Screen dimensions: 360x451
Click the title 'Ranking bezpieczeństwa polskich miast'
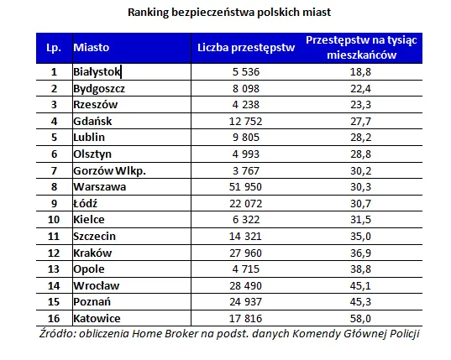(x=228, y=13)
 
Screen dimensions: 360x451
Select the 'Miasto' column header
(x=92, y=48)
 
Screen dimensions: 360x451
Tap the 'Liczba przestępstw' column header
(x=245, y=48)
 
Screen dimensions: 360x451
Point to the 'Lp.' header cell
(x=54, y=48)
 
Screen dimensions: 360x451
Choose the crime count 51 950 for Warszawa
(x=245, y=186)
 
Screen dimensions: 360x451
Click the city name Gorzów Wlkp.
(x=110, y=170)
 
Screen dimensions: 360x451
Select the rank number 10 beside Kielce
(x=54, y=219)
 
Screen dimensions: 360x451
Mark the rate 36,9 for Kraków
(x=360, y=252)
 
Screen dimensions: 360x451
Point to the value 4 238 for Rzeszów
(x=245, y=105)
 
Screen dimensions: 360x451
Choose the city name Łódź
(x=87, y=203)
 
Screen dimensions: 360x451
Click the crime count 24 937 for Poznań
(x=245, y=301)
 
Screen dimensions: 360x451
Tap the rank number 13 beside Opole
(x=54, y=269)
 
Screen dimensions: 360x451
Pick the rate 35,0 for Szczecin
(x=360, y=236)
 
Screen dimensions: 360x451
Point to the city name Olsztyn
(x=93, y=154)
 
